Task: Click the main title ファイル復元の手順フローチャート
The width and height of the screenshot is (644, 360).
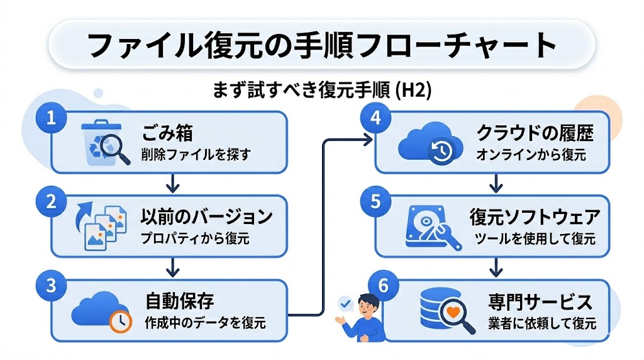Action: tap(322, 45)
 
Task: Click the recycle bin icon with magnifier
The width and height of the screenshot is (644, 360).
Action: tap(104, 143)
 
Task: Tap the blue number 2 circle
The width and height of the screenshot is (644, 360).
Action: tap(47, 201)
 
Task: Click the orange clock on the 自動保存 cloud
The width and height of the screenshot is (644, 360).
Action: tap(119, 322)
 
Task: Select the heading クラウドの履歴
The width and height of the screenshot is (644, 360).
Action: tap(535, 133)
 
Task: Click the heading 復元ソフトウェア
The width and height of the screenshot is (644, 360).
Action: tap(535, 217)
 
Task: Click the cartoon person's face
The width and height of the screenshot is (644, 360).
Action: tap(365, 307)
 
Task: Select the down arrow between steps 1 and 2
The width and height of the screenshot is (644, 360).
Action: tap(170, 183)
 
